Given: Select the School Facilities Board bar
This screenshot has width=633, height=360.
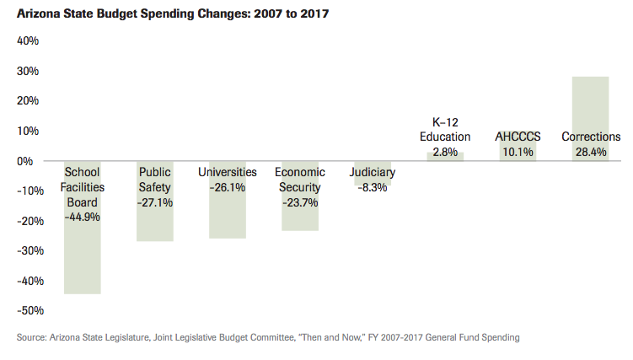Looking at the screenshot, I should tap(82, 253).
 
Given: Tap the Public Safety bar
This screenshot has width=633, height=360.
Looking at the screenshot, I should tap(155, 223).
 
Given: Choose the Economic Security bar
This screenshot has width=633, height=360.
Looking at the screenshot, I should tap(300, 215).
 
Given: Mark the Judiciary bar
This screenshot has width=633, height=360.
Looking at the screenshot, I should tap(372, 173).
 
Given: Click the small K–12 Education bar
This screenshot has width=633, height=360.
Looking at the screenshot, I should tap(445, 157).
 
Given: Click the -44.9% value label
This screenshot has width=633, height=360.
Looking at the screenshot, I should tap(82, 217).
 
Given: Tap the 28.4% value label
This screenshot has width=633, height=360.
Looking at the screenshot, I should tap(590, 152).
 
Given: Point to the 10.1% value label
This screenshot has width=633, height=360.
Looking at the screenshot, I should tap(518, 152).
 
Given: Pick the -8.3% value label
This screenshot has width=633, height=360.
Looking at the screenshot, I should tap(372, 188).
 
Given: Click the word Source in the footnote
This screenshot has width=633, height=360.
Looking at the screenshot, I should tap(33, 338).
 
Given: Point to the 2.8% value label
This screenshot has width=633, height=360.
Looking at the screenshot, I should tap(445, 152).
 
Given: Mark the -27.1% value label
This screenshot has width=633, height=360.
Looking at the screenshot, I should tap(155, 202).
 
